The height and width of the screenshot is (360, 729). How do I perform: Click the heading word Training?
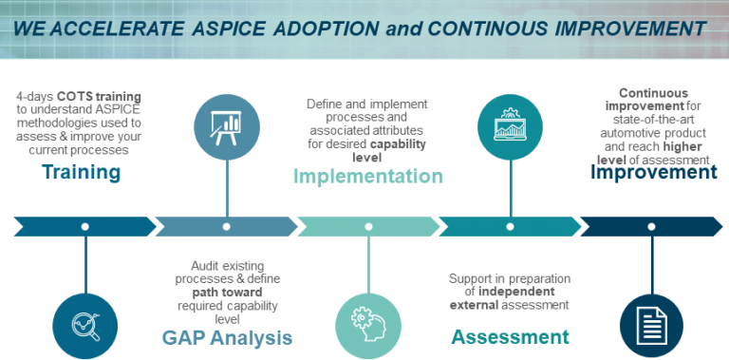(81, 172)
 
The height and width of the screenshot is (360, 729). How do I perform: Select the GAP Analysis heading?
(226, 337)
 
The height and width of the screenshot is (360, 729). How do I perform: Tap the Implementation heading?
(367, 176)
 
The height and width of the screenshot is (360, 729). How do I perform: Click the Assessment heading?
(510, 336)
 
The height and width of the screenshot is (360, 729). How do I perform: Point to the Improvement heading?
(654, 172)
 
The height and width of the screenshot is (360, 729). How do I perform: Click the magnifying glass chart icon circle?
(85, 322)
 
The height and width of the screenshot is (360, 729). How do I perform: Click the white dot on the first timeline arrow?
(85, 227)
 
